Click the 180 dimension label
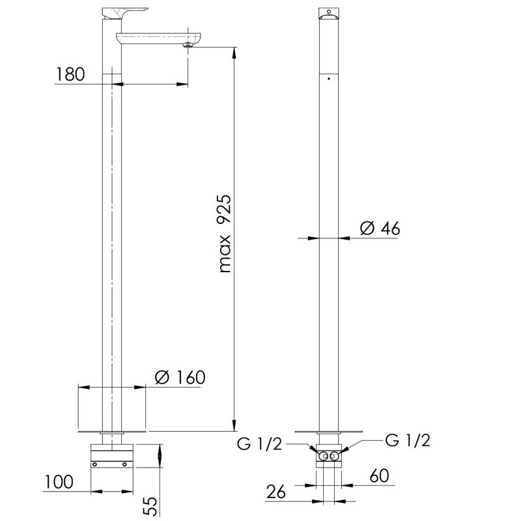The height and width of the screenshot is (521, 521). tap(70, 74)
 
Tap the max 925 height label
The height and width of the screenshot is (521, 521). tap(225, 234)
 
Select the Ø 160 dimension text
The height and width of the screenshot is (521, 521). tap(180, 378)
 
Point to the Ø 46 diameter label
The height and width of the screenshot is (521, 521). tap(380, 229)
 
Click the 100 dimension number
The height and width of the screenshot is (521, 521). tap(59, 482)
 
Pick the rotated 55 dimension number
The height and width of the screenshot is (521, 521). tap(150, 506)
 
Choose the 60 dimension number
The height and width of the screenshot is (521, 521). tap(379, 475)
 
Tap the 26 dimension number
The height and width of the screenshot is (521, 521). tap(275, 492)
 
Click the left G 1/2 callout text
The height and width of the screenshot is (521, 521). tap(259, 444)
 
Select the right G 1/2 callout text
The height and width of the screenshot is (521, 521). tap(408, 440)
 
